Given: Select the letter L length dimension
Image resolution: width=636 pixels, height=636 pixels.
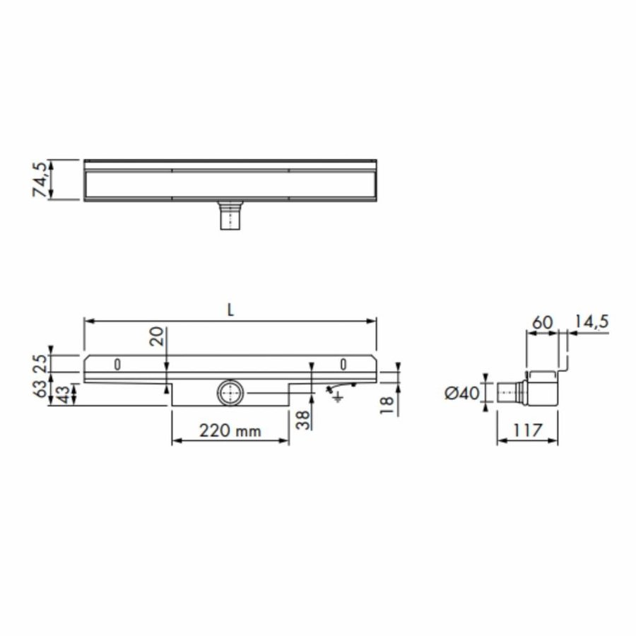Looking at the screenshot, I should click(x=230, y=309).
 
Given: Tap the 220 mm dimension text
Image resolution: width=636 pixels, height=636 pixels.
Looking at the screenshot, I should click(x=230, y=430).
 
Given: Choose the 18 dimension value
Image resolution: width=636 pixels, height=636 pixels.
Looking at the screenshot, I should click(x=387, y=405).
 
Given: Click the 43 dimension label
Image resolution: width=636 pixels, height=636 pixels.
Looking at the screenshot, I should click(x=64, y=394).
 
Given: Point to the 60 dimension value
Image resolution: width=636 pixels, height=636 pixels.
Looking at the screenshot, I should click(x=542, y=322).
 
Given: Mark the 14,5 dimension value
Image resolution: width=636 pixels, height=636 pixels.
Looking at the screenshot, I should click(x=591, y=322).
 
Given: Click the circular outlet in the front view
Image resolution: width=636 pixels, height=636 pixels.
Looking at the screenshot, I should click(x=230, y=392).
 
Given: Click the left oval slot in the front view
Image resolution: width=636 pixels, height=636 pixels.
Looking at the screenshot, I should click(x=118, y=365).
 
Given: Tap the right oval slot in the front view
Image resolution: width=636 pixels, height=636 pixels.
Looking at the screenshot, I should click(x=343, y=365).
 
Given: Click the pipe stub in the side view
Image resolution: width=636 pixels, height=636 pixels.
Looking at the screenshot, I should click(x=507, y=392).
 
